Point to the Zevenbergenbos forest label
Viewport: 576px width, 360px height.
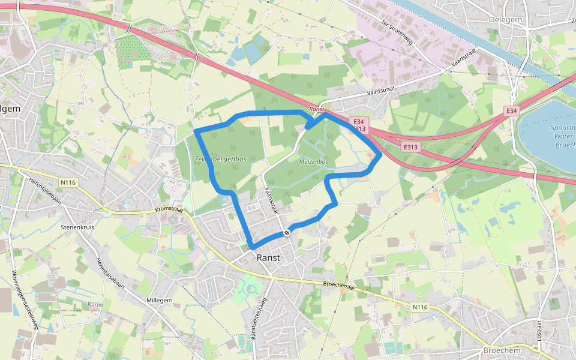[220, 159]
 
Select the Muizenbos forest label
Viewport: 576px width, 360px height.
[313, 162]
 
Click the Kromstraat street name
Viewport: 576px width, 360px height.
[169, 209]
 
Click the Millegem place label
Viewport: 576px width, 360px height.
[159, 299]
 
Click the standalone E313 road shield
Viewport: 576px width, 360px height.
[410, 146]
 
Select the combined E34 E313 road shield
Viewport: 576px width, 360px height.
[359, 125]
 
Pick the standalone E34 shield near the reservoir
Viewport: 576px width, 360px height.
[511, 111]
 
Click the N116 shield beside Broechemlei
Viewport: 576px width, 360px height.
[421, 307]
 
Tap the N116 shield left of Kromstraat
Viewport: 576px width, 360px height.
[69, 182]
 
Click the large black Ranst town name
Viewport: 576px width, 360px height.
[268, 257]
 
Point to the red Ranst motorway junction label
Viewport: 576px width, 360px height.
[316, 109]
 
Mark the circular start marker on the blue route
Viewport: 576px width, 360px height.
[287, 232]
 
